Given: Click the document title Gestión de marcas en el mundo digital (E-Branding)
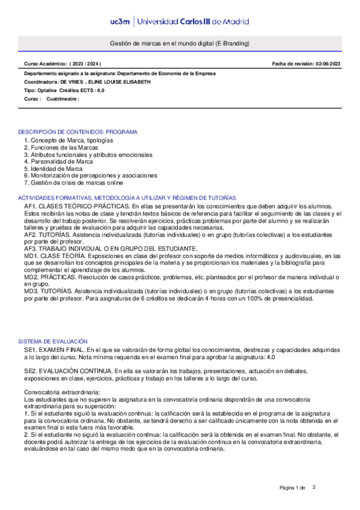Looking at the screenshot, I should coord(180,44).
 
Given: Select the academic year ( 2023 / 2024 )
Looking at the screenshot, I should coord(85,63).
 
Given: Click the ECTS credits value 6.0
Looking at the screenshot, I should coord(100,90).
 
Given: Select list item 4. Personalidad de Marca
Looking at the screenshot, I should coord(58,161).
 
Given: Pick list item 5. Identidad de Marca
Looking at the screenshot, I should coord(53,168).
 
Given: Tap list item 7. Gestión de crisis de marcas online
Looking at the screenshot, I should coord(73,183).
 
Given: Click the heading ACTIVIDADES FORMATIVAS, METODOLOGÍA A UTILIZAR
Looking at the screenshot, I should coord(127,198).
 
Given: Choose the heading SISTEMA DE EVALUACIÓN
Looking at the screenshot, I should coord(53,341).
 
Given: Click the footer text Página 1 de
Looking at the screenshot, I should coord(293,487).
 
